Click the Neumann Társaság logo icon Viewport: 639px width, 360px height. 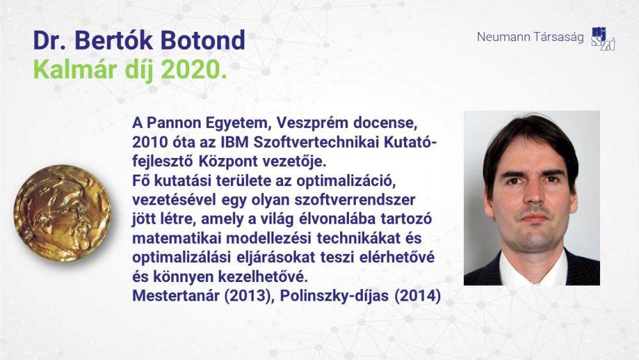tap(603, 39)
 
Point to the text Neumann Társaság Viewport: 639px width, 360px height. tap(530, 36)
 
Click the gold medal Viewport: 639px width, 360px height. tap(63, 213)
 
